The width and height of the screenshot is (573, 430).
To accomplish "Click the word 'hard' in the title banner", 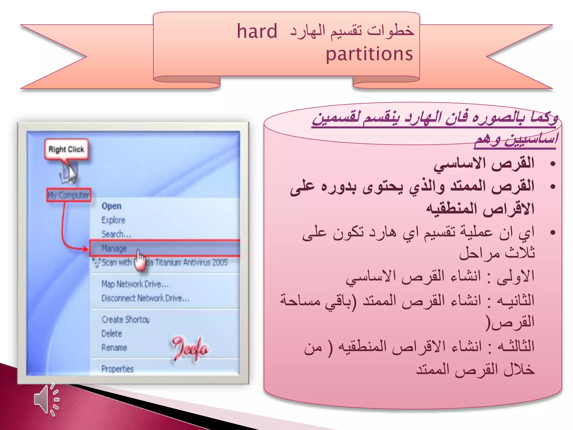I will tap(257, 31).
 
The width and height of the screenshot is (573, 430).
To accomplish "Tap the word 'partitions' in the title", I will tap(369, 54).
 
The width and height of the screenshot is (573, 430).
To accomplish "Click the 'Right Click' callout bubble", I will tap(66, 149).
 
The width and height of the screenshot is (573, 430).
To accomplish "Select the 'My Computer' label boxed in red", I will tap(69, 195).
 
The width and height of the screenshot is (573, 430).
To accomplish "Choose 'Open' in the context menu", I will tap(111, 206).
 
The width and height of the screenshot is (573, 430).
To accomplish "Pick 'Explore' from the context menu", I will tap(113, 220).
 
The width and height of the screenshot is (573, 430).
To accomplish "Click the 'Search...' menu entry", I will tap(116, 234).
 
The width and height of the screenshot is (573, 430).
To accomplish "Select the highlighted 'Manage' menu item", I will tap(114, 248).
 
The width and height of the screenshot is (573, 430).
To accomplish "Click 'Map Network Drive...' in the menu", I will tap(135, 284).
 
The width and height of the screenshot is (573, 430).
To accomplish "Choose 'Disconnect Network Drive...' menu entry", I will tap(145, 298).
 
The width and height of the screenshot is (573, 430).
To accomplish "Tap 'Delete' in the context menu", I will tap(112, 334).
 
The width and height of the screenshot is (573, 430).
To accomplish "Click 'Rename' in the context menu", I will tap(114, 348).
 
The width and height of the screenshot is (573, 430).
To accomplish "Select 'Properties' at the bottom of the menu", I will tap(118, 369).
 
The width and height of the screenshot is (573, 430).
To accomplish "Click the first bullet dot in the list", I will tap(552, 164).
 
